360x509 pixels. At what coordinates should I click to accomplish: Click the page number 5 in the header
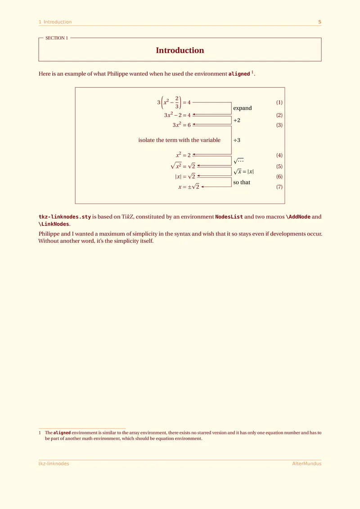click(x=319, y=22)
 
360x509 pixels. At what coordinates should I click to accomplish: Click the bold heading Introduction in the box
click(x=180, y=50)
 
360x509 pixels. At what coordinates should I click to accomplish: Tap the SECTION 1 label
click(x=57, y=38)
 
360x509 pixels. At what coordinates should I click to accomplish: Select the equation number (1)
click(x=279, y=103)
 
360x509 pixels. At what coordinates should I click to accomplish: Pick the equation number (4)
click(x=279, y=156)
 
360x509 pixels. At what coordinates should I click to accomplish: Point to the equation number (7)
click(x=279, y=187)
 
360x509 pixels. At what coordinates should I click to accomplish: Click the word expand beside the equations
click(x=243, y=108)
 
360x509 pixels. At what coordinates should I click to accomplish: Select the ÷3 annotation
click(x=237, y=140)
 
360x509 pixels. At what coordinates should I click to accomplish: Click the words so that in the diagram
click(x=242, y=183)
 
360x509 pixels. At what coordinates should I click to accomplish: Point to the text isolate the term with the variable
click(x=179, y=140)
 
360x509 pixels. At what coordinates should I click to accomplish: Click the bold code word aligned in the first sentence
click(x=239, y=74)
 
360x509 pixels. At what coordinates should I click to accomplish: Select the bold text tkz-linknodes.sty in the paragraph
click(x=65, y=217)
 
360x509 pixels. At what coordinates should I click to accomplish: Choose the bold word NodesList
click(x=229, y=217)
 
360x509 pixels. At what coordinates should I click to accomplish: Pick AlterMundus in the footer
click(x=307, y=464)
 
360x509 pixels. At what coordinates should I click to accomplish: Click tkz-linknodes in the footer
click(x=54, y=464)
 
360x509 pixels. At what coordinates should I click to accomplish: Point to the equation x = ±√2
click(x=189, y=187)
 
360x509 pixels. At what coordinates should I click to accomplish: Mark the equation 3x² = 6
click(x=182, y=125)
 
